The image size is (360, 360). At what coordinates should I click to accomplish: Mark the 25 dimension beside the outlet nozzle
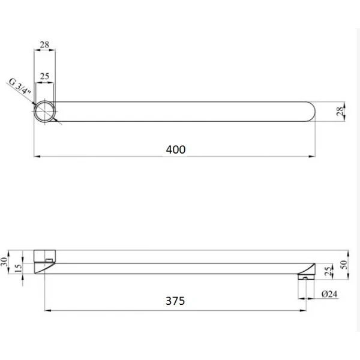pos(327,271)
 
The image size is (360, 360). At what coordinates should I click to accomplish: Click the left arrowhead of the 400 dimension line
pos(36,157)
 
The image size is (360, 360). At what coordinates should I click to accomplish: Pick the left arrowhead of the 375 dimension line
pos(47,310)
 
